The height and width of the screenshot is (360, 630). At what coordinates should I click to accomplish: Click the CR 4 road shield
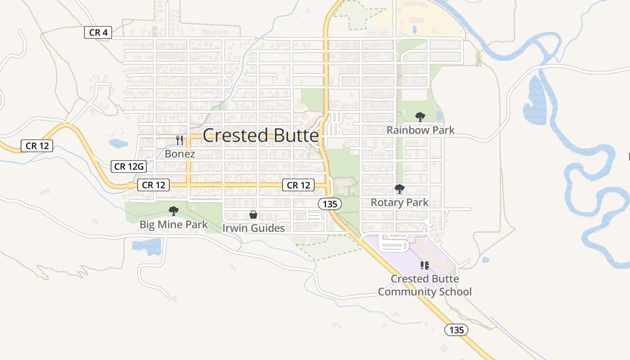[x=98, y=32]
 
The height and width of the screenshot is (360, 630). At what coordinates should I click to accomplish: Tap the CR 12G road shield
[x=129, y=166]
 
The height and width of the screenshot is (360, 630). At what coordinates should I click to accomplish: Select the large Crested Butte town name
[x=261, y=135]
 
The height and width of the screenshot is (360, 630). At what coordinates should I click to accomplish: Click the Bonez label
[x=180, y=154]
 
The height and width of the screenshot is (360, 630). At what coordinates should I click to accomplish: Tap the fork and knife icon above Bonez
[x=180, y=140]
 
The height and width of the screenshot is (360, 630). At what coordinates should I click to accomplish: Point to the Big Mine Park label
[x=173, y=225]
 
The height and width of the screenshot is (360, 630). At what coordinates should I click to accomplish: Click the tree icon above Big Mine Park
[x=173, y=211]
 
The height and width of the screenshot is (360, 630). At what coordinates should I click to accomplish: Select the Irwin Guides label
[x=253, y=228]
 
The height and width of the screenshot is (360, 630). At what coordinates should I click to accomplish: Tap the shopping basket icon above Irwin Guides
[x=253, y=215]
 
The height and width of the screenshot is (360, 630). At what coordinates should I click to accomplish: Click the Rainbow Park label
[x=420, y=130]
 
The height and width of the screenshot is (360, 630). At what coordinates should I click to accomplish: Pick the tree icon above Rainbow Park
[x=420, y=117]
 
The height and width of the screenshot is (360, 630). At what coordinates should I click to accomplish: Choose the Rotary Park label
[x=400, y=202]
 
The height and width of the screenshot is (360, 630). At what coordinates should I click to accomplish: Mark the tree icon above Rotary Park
[x=400, y=189]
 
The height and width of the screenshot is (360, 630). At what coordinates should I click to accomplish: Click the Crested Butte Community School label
[x=424, y=285]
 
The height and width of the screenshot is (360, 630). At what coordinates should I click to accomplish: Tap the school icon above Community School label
[x=424, y=265]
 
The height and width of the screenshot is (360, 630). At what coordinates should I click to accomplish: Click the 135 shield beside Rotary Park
[x=330, y=204]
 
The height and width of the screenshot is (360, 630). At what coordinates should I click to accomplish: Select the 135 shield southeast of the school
[x=456, y=330]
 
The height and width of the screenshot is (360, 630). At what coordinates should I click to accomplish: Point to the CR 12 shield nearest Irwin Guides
[x=299, y=185]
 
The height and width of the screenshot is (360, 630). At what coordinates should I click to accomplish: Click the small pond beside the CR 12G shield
[x=118, y=144]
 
